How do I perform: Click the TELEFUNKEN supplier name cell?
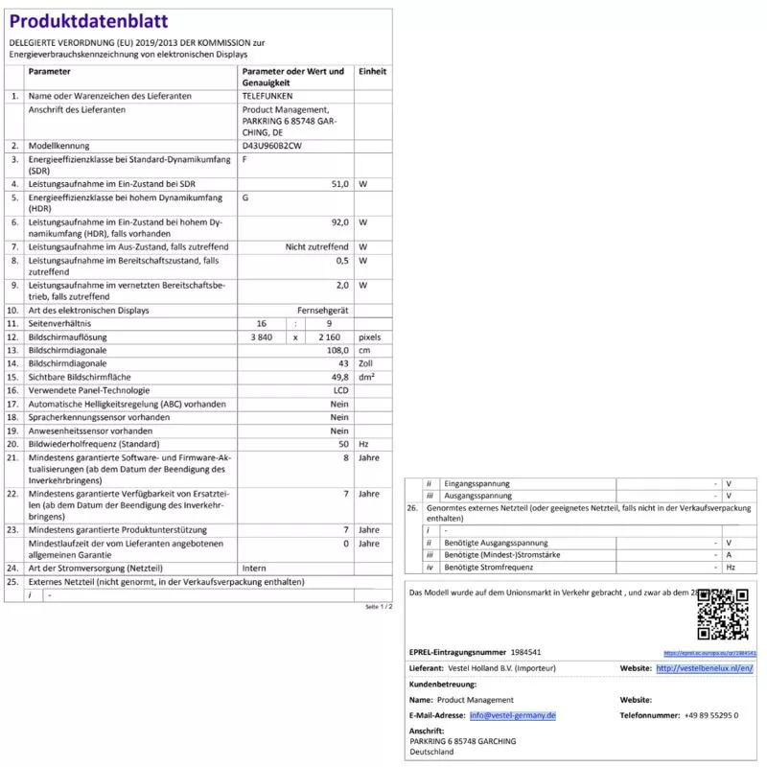click(267, 97)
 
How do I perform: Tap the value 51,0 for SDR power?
click(338, 183)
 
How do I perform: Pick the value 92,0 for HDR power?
click(338, 221)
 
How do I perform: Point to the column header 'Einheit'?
click(372, 72)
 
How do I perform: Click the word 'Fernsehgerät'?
click(323, 311)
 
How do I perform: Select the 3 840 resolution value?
click(262, 337)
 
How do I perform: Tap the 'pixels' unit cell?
click(369, 337)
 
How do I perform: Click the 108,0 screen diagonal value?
click(337, 351)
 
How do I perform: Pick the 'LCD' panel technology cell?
click(340, 390)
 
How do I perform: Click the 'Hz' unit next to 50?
click(363, 444)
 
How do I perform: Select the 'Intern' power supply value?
click(254, 568)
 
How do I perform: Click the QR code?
click(722, 615)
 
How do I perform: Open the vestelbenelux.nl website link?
click(705, 667)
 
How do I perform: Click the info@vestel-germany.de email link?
click(512, 715)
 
